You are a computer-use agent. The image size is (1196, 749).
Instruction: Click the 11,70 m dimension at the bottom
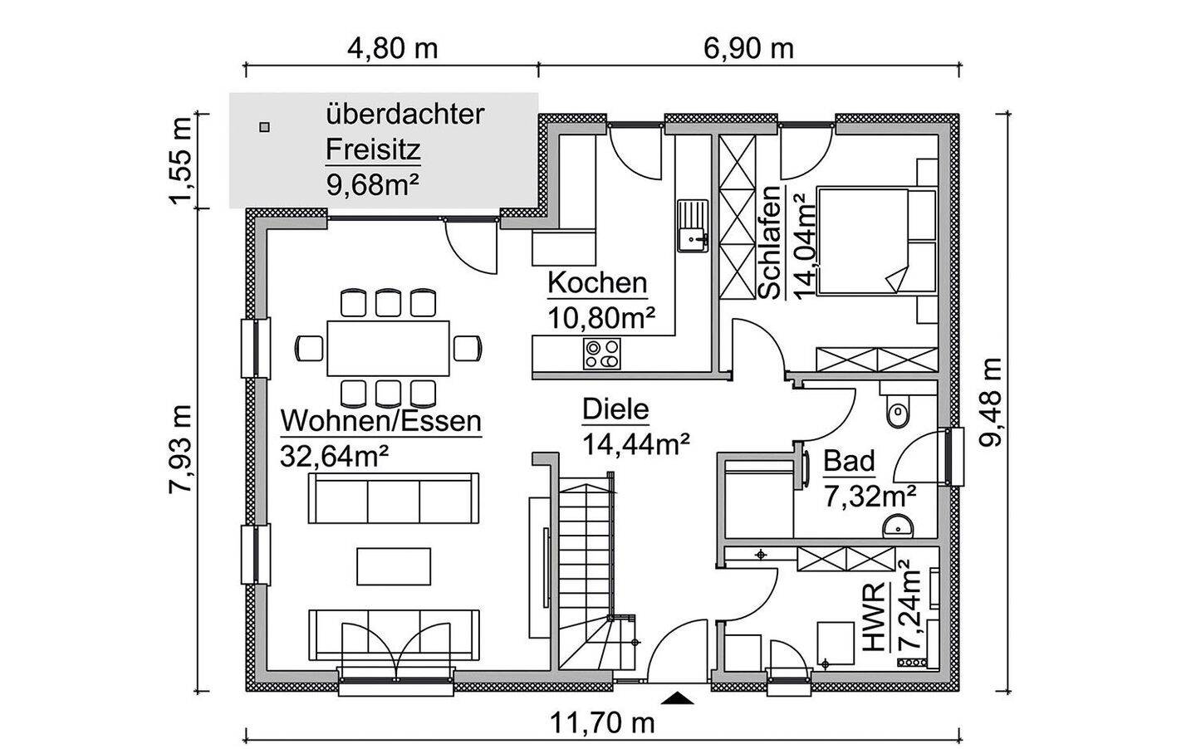(x=603, y=723)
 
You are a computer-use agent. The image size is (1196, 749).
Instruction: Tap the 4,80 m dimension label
(x=392, y=48)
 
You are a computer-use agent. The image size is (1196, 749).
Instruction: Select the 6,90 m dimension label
(x=748, y=48)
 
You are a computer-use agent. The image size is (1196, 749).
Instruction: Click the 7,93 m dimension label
(x=180, y=449)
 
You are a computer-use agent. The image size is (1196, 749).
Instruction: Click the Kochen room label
(x=596, y=283)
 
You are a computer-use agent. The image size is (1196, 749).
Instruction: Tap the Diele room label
(x=615, y=409)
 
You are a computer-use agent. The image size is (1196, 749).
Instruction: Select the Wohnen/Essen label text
(x=381, y=421)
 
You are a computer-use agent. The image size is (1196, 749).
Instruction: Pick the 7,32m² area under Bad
(x=870, y=497)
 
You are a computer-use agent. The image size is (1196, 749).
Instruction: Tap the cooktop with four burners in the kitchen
(x=601, y=355)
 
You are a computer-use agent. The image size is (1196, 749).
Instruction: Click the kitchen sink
(x=691, y=226)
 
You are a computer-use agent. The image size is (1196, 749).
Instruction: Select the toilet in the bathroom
(x=897, y=411)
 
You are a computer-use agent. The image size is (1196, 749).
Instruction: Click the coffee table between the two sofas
(x=394, y=566)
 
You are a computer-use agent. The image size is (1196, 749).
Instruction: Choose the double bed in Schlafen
(x=876, y=241)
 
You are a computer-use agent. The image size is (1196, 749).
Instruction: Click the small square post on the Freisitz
(x=264, y=127)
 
